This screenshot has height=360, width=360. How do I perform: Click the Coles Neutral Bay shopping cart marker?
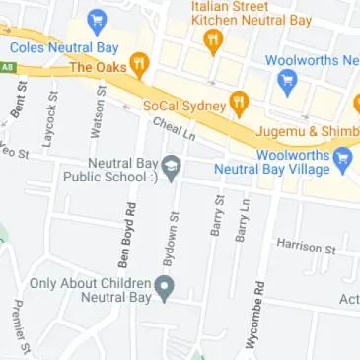pyautogui.click(x=96, y=20)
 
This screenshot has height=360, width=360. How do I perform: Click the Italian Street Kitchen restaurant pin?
pyautogui.click(x=211, y=40)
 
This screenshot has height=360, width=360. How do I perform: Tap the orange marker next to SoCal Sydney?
pyautogui.click(x=238, y=103)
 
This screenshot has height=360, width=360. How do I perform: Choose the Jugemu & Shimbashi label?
pyautogui.click(x=306, y=131)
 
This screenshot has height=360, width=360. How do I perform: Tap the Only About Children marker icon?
pyautogui.click(x=165, y=288)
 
